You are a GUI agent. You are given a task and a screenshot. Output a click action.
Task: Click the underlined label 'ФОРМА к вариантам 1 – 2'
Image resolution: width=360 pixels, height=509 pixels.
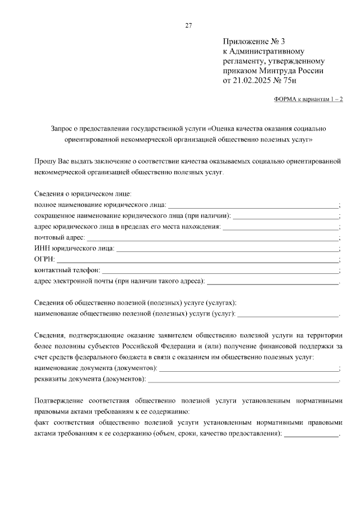coord(308,99)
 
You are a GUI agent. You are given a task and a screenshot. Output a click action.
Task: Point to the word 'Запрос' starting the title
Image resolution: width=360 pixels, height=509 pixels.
coord(62,128)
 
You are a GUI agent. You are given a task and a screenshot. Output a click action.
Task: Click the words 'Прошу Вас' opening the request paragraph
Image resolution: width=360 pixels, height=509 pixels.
coord(50,161)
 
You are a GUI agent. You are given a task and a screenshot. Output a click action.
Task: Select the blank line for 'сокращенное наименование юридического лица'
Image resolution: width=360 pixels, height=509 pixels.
coord(286,215)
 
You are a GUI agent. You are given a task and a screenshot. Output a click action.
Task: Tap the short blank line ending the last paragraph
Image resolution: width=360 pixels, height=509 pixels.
coord(313,434)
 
